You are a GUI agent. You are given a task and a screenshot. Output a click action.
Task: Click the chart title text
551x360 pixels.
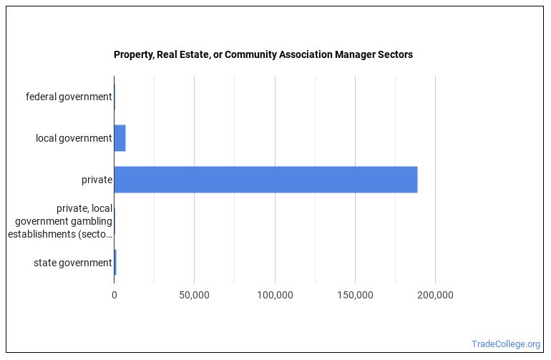tap(263, 54)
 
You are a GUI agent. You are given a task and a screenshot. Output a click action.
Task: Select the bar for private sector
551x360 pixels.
tap(265, 180)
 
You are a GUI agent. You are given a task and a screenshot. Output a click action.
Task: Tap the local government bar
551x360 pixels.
tap(120, 138)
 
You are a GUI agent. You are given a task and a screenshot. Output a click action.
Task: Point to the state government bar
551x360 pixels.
tap(115, 263)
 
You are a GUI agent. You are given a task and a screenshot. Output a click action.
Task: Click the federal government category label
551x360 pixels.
tap(69, 97)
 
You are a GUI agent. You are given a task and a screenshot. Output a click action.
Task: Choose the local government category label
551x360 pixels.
tap(74, 138)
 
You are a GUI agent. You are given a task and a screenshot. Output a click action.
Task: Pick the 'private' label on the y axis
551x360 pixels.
tap(97, 180)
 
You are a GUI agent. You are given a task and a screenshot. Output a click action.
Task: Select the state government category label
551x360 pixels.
tap(72, 263)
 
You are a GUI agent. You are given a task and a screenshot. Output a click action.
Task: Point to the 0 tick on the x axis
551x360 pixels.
tap(114, 295)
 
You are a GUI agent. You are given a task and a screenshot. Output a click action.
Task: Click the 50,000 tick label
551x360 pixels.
tap(194, 295)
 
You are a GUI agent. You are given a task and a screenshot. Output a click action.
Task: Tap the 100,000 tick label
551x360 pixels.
tap(275, 295)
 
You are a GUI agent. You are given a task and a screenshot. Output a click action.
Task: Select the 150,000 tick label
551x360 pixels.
tap(355, 295)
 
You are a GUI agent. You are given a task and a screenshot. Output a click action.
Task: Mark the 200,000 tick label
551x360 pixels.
tap(435, 295)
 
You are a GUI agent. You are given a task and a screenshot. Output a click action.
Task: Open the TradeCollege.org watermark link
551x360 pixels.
tap(506, 344)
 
